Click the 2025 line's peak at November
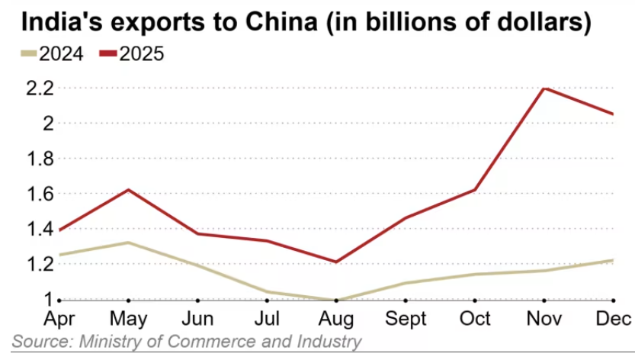544,88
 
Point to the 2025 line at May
128,189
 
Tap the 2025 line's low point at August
336,262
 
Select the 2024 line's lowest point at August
336,300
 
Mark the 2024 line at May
128,243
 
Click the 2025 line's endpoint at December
613,114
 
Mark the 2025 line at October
474,189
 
